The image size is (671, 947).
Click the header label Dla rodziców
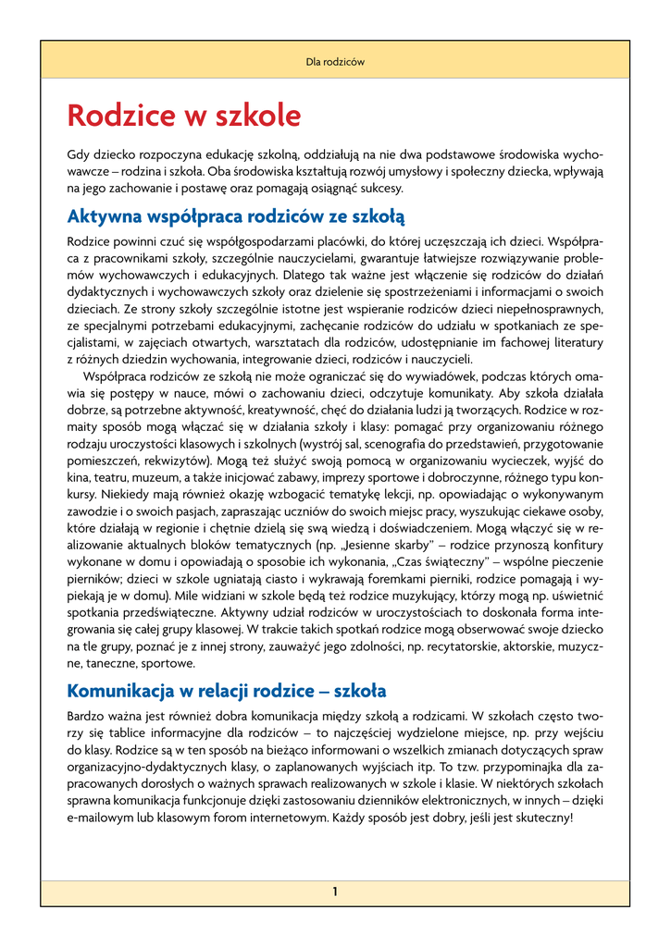click(335, 62)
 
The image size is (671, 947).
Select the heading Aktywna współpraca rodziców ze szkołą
click(236, 217)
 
